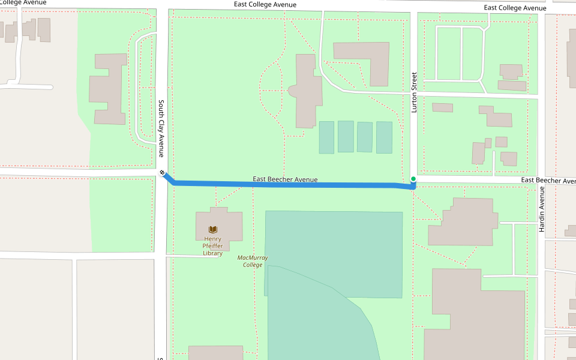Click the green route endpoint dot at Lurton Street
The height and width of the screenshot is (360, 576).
click(413, 179)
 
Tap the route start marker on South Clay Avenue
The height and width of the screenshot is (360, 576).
click(162, 173)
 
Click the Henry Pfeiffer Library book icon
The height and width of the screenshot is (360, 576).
click(212, 229)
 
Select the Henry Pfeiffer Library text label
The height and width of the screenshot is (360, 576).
click(213, 246)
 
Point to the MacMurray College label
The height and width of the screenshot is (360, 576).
click(253, 261)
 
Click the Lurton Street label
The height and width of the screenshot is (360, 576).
click(413, 92)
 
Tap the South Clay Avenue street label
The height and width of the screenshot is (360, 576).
click(161, 128)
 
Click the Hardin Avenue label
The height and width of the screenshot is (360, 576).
click(541, 209)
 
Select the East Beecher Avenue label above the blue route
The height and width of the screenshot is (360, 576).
click(285, 179)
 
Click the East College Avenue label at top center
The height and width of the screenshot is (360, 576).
click(265, 5)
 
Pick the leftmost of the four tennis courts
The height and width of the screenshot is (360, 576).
click(326, 137)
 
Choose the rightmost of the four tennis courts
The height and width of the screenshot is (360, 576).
click(384, 137)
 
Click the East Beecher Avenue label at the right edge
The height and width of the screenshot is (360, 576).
click(548, 181)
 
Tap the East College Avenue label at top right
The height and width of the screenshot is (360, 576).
click(515, 8)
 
